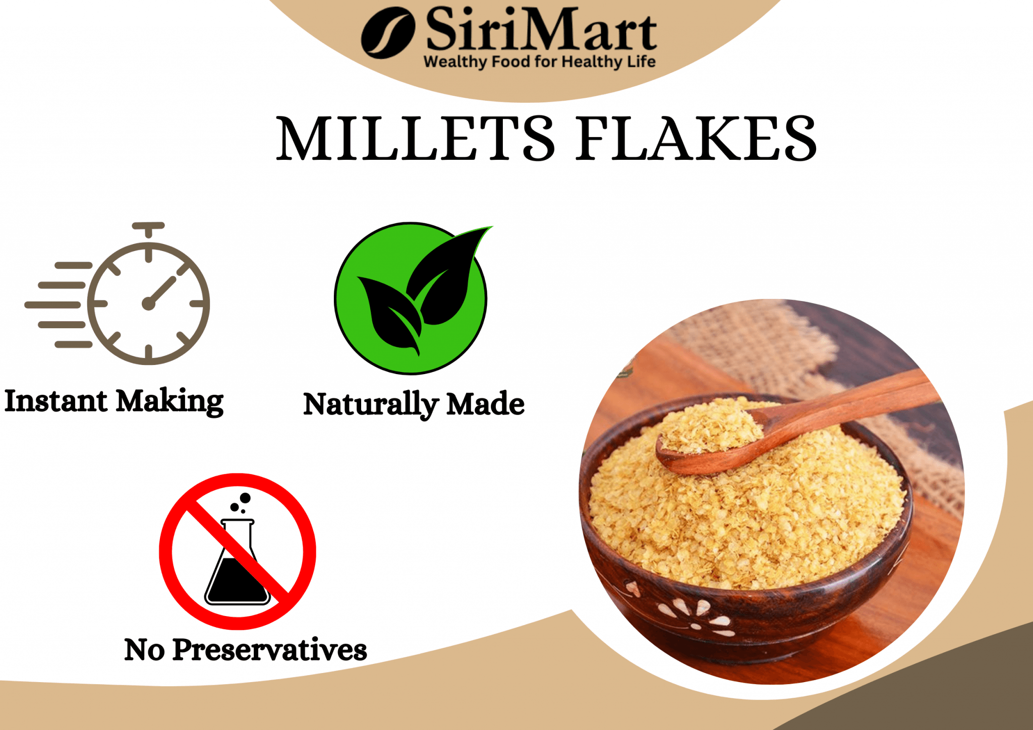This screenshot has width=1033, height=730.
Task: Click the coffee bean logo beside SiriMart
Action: (x=387, y=32)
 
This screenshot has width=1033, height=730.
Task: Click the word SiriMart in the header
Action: (x=541, y=30)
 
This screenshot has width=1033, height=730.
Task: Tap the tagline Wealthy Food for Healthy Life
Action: (x=539, y=62)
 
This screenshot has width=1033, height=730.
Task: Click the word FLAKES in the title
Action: (x=696, y=138)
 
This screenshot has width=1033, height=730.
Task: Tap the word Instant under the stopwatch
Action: (x=55, y=401)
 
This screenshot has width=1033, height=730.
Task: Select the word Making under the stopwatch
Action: (x=169, y=402)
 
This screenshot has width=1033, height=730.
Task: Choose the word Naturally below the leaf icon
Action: (x=371, y=405)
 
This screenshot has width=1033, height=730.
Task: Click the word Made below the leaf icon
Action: (x=485, y=404)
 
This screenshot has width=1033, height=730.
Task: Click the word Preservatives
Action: (x=269, y=650)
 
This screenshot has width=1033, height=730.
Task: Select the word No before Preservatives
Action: (x=144, y=650)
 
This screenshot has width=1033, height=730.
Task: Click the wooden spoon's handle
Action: (x=847, y=403)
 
